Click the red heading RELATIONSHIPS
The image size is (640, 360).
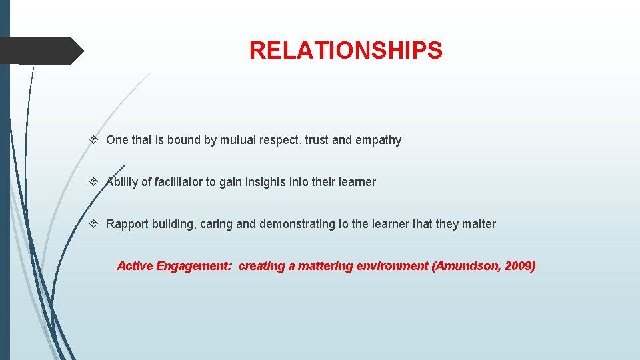pos(345,51)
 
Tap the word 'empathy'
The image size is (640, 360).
pos(378,140)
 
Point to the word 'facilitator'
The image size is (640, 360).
pos(178,182)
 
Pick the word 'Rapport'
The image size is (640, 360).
pos(127,224)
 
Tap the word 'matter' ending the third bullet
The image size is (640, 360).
pos(479,224)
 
